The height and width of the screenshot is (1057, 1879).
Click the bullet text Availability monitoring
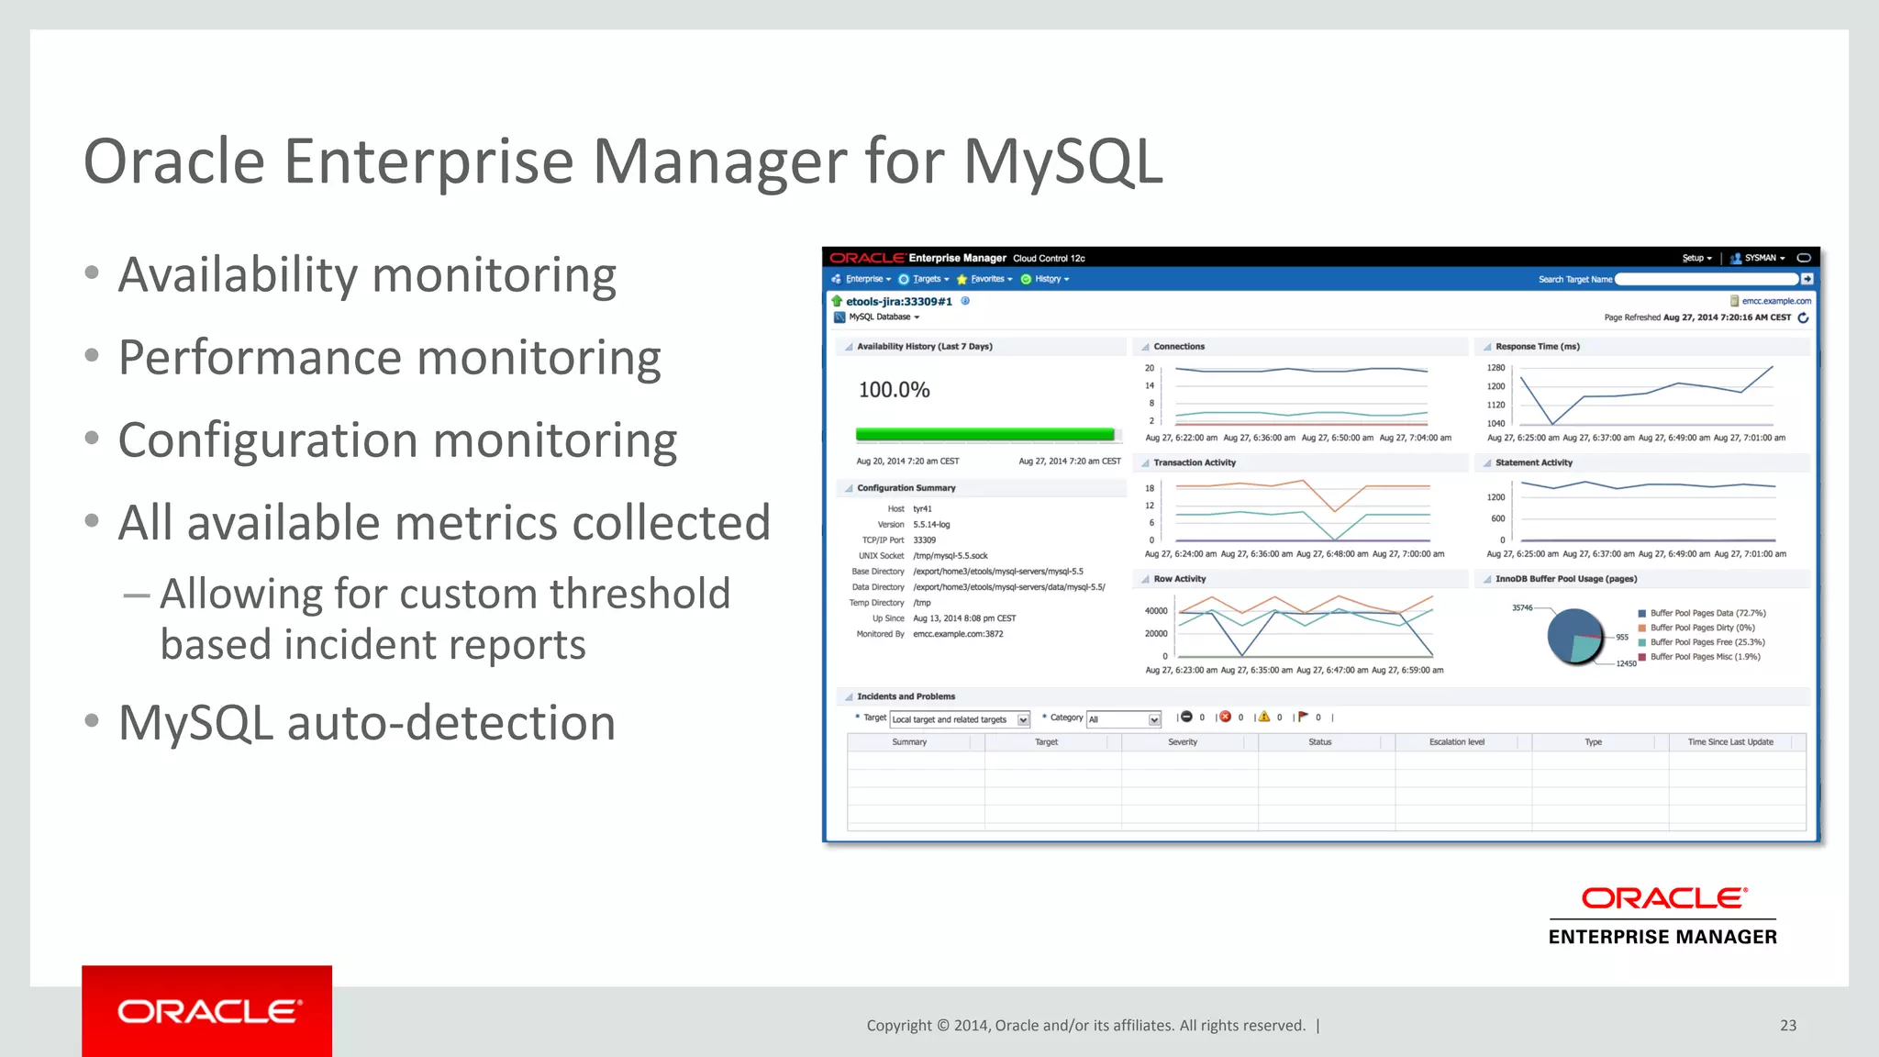(367, 275)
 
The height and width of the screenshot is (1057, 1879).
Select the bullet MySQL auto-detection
(367, 723)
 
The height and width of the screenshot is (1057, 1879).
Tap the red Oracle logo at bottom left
(207, 1011)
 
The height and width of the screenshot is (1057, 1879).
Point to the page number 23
(1787, 1025)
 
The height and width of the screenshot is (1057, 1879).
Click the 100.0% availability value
(894, 390)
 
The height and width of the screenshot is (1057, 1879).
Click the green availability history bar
(984, 434)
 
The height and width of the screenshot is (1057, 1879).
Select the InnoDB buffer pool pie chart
(1574, 635)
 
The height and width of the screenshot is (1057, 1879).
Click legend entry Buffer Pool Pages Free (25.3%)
(1707, 642)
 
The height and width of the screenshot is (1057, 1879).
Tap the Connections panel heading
(1179, 347)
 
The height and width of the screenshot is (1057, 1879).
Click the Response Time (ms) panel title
(1537, 347)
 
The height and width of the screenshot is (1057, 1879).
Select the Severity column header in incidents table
(1183, 742)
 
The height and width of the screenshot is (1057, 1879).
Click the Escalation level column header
(1456, 742)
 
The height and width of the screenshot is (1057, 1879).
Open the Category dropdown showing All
(1124, 719)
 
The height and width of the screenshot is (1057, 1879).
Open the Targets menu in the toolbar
(927, 279)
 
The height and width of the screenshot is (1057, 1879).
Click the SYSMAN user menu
(1760, 258)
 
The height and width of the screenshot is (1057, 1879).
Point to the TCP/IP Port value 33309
(924, 540)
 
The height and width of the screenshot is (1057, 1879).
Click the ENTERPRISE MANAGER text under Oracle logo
(1662, 937)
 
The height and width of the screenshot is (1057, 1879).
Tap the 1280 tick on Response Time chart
(1495, 368)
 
